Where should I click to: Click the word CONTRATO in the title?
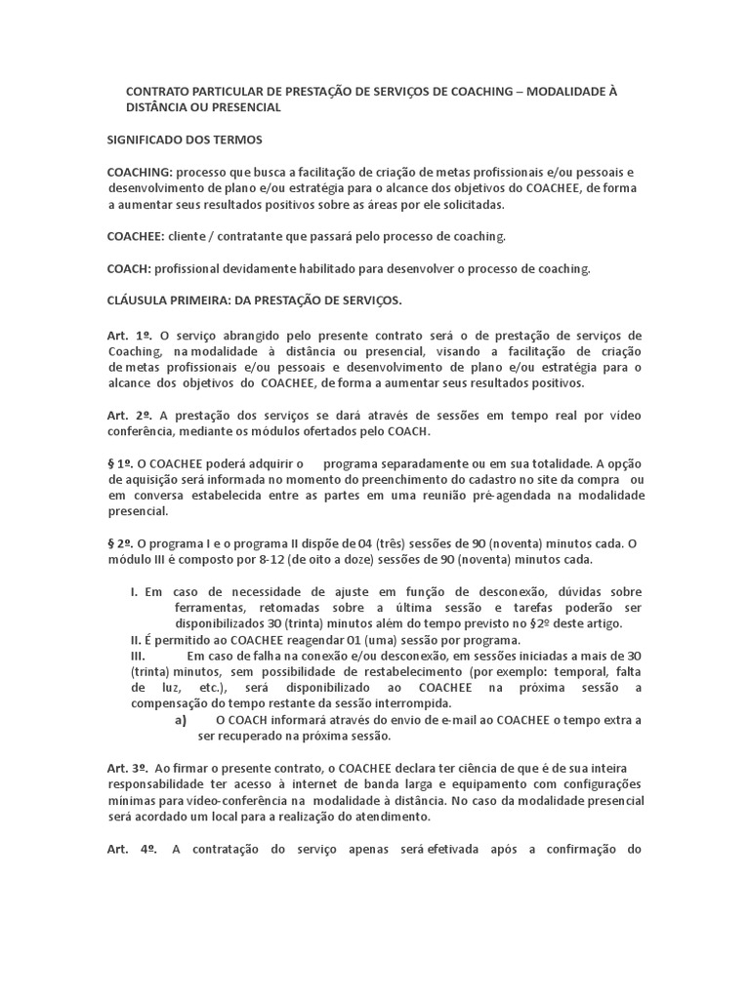point(157,92)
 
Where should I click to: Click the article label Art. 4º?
point(132,849)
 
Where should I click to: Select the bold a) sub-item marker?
point(181,720)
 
